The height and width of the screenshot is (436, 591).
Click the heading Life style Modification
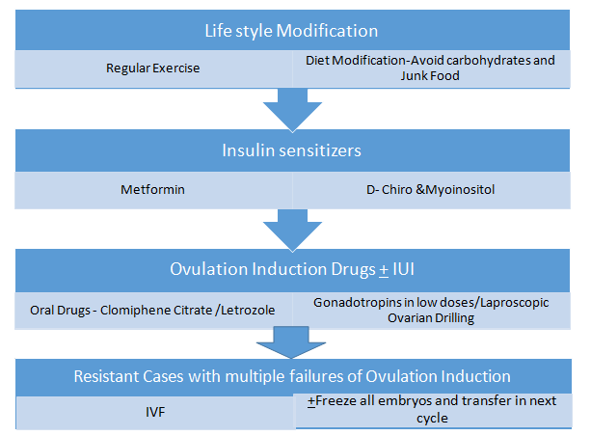(291, 31)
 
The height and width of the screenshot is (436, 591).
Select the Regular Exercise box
(153, 69)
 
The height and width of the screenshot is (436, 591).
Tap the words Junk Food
(430, 76)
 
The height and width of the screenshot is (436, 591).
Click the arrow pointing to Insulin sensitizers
(292, 110)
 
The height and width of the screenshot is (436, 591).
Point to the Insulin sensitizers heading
(291, 150)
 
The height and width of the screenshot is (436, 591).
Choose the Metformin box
(153, 190)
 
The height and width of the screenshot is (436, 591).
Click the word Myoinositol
(460, 190)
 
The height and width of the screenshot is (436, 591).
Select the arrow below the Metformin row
(292, 231)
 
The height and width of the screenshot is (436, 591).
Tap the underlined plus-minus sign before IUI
(384, 270)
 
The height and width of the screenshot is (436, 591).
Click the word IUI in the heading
(404, 269)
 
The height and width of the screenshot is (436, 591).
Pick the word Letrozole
(248, 311)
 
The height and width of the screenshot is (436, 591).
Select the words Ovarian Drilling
(431, 318)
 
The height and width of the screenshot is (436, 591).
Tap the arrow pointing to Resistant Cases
(291, 342)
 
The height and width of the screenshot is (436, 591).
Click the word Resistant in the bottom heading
(107, 376)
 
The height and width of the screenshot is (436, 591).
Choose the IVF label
(155, 412)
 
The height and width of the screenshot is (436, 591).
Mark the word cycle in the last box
(432, 419)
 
